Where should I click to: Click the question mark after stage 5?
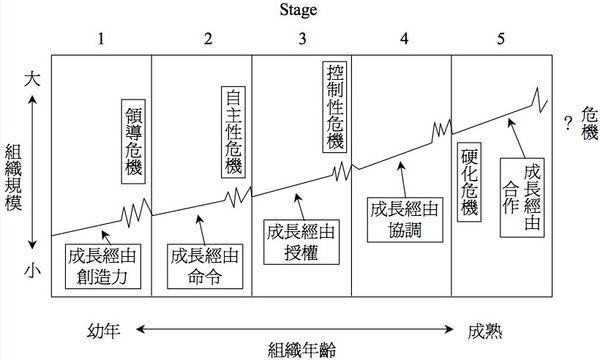coord(568,123)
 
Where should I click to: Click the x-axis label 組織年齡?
coord(301,349)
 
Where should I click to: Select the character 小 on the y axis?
coord(32,270)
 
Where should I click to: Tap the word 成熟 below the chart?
coord(487,327)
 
